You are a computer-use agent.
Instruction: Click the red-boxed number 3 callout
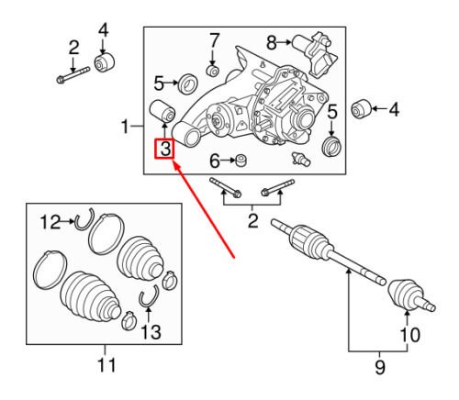(x=164, y=150)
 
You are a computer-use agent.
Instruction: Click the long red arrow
(x=204, y=211)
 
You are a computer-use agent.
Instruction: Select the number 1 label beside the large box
(x=125, y=127)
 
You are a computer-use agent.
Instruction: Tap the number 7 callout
(x=214, y=40)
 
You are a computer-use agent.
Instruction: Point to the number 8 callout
(x=272, y=43)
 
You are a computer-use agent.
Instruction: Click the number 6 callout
(x=215, y=161)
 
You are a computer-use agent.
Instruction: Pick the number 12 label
(x=50, y=222)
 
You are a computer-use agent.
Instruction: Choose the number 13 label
(x=151, y=332)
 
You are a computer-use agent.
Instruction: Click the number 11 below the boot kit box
(x=106, y=364)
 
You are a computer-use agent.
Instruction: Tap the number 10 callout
(x=410, y=335)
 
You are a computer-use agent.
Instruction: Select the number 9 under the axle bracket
(x=380, y=367)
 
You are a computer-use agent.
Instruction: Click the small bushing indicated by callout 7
(x=213, y=71)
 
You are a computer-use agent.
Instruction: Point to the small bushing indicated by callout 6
(x=241, y=161)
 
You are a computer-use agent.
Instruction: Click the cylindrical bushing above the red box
(x=162, y=111)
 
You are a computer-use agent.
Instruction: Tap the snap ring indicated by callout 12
(x=84, y=219)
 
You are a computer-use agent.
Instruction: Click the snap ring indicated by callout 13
(x=150, y=296)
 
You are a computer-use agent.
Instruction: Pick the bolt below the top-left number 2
(x=73, y=75)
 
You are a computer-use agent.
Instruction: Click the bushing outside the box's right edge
(x=361, y=109)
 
